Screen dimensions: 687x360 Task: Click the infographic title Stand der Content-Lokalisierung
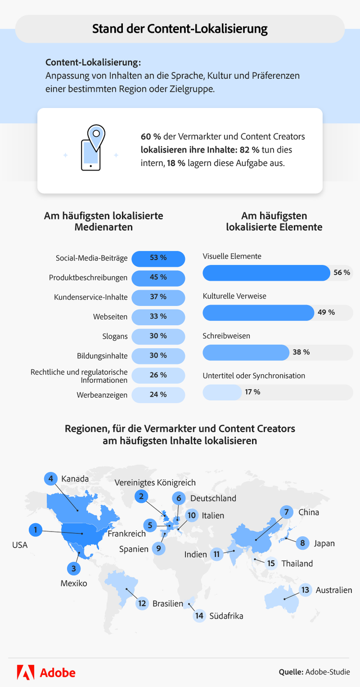pyautogui.click(x=180, y=29)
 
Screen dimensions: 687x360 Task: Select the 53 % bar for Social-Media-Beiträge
pyautogui.click(x=158, y=258)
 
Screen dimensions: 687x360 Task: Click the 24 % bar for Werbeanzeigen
pyautogui.click(x=158, y=395)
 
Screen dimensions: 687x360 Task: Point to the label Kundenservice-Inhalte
pyautogui.click(x=91, y=297)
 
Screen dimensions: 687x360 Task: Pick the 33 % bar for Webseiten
pyautogui.click(x=158, y=317)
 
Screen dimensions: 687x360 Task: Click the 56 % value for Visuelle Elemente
pyautogui.click(x=342, y=272)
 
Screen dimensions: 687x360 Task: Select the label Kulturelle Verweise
pyautogui.click(x=234, y=296)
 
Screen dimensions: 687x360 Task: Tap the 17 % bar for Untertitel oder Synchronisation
pyautogui.click(x=222, y=392)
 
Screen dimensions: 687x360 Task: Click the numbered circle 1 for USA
pyautogui.click(x=35, y=530)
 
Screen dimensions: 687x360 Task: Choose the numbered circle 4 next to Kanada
pyautogui.click(x=50, y=479)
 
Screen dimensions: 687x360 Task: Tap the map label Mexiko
pyautogui.click(x=74, y=583)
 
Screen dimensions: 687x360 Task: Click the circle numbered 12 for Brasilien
pyautogui.click(x=142, y=603)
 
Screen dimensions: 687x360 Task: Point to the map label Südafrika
pyautogui.click(x=226, y=616)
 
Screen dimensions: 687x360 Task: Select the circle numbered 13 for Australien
pyautogui.click(x=305, y=590)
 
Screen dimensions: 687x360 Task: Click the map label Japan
pyautogui.click(x=324, y=544)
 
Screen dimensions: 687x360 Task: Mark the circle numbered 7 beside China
pyautogui.click(x=287, y=512)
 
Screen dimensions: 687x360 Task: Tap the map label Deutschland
pyautogui.click(x=213, y=498)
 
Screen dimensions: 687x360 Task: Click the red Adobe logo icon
pyautogui.click(x=25, y=672)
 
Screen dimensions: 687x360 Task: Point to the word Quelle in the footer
pyautogui.click(x=291, y=672)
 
